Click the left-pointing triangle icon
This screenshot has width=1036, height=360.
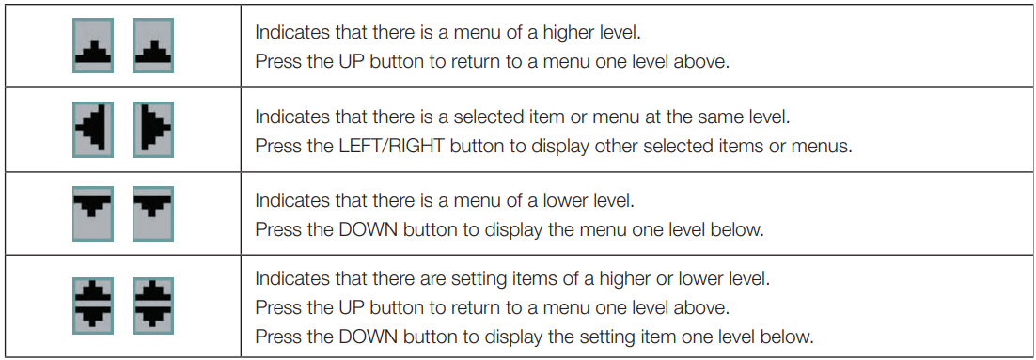click(x=93, y=130)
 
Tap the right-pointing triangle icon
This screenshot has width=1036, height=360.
click(x=153, y=130)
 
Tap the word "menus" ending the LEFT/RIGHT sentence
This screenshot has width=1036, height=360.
click(x=826, y=146)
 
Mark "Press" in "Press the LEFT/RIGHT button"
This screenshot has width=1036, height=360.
click(x=274, y=146)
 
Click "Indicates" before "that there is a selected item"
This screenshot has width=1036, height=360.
click(x=285, y=118)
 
